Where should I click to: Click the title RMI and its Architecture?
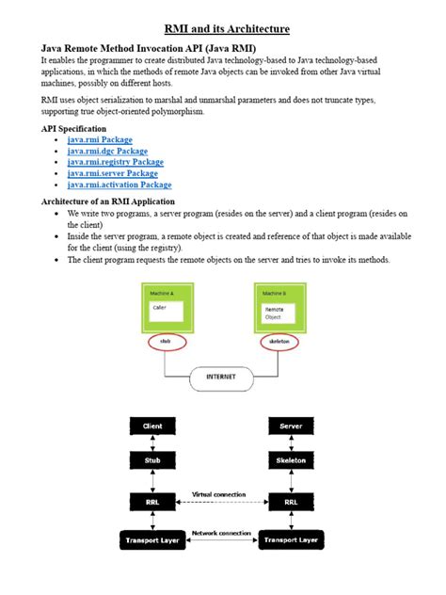223,30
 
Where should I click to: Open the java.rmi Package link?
100,139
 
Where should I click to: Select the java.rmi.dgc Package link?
107,151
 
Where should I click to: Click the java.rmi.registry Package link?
115,162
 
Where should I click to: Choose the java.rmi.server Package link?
112,173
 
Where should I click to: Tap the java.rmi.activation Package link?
119,185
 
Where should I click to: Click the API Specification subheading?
73,128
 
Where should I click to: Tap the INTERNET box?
222,378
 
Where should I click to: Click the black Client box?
152,426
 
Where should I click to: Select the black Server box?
291,426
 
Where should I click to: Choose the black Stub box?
152,461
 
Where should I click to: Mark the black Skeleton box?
291,461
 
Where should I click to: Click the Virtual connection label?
219,493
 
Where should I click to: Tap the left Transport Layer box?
152,539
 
